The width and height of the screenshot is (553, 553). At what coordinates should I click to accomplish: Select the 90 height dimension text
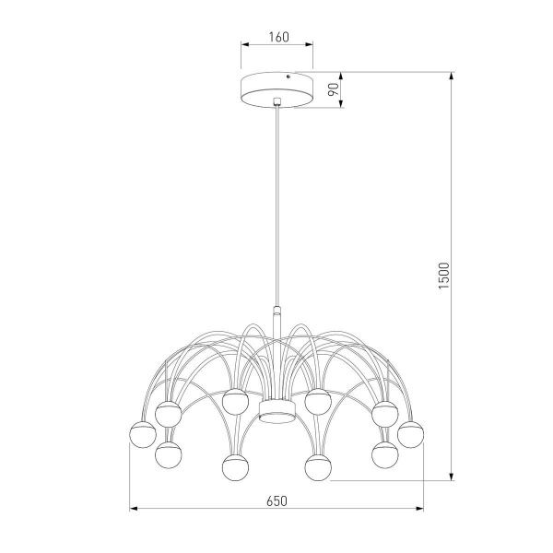[334, 90]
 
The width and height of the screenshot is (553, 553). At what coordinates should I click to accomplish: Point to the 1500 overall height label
[442, 276]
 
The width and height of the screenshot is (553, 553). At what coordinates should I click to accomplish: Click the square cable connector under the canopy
[276, 100]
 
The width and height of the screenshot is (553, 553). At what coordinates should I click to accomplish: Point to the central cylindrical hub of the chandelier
[276, 409]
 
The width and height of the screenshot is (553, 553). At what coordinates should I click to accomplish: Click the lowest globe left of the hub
[235, 466]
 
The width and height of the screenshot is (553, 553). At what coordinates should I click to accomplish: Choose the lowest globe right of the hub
[318, 466]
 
